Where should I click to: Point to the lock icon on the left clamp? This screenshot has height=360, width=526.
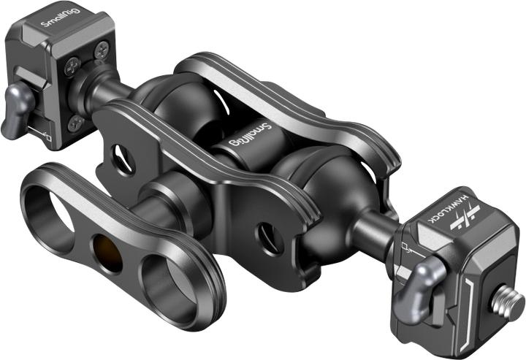click(x=45, y=136)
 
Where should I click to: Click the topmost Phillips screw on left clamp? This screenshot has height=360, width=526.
click(x=101, y=49)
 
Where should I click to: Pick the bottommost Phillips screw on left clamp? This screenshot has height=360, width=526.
click(x=75, y=123)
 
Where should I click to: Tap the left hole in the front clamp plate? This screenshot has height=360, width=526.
click(x=119, y=153)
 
